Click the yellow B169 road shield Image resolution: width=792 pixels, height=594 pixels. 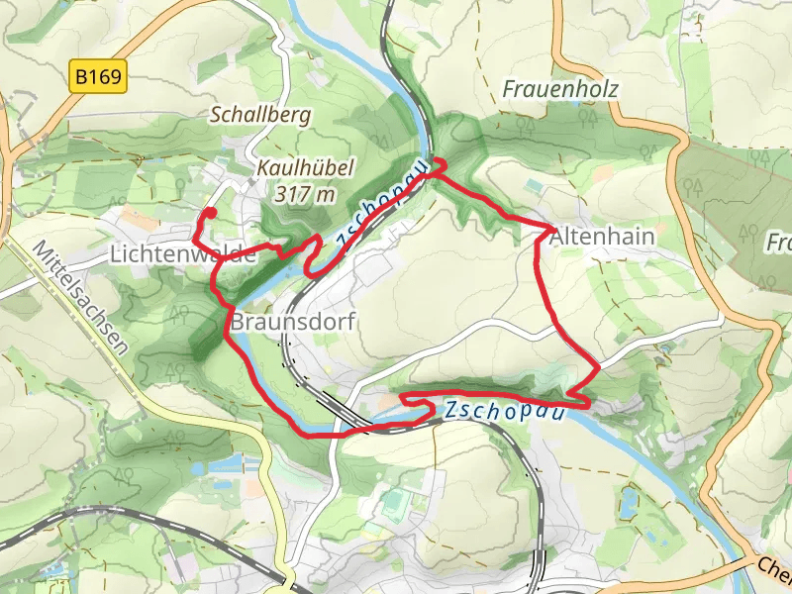[x=99, y=77]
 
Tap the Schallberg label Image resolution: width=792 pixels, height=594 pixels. [x=260, y=115]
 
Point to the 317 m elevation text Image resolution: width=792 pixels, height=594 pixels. [x=307, y=193]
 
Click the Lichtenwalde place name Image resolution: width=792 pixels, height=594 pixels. [x=183, y=254]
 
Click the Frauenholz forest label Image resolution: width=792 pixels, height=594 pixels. [x=559, y=89]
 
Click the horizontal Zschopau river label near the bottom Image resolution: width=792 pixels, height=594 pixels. [x=504, y=411]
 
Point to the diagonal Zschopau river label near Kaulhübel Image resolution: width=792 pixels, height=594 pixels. [x=381, y=203]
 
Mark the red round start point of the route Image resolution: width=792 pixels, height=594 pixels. [x=210, y=212]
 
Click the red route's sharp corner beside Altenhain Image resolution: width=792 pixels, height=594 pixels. [x=550, y=229]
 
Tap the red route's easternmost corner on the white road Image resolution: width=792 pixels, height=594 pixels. [x=598, y=368]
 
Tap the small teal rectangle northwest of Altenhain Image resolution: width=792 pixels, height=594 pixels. [x=535, y=185]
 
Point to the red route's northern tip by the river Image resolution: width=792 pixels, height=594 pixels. [x=441, y=161]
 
